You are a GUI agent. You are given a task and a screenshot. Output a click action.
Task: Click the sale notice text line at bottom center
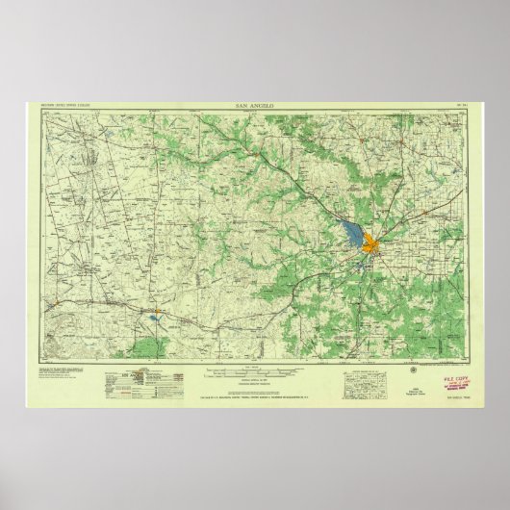(254, 395)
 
